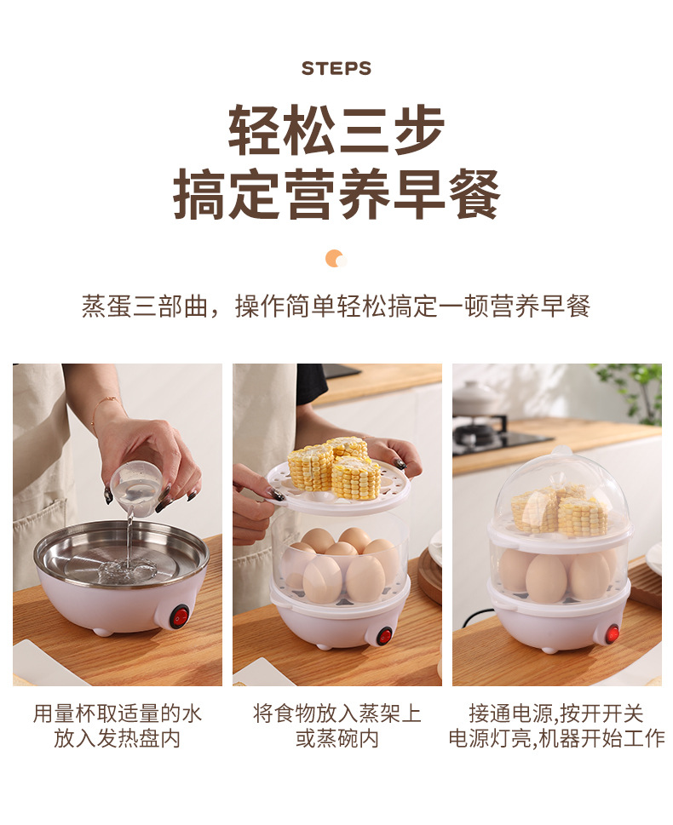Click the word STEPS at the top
click(336, 69)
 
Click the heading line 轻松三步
click(336, 129)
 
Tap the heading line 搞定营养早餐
click(336, 195)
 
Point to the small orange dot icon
click(335, 259)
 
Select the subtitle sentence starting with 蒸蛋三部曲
click(336, 307)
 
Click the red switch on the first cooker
click(179, 616)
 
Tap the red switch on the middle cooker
click(384, 635)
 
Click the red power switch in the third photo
click(612, 633)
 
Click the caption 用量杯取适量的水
click(118, 713)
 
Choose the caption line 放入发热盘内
click(118, 738)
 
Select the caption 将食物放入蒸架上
click(336, 713)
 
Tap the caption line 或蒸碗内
click(336, 738)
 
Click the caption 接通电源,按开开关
click(556, 713)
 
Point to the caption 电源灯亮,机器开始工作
click(556, 738)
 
